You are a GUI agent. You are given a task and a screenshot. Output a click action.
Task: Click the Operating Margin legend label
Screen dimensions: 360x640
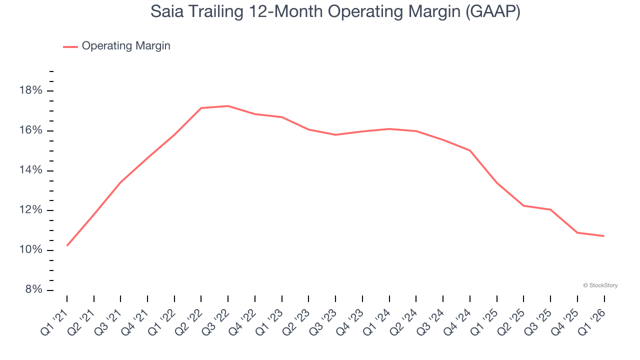click(126, 46)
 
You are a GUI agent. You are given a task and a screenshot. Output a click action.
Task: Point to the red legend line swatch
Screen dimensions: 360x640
click(70, 46)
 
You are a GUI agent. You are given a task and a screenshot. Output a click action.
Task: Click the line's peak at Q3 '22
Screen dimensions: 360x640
click(228, 106)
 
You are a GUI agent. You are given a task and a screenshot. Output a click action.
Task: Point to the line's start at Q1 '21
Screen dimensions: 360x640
click(67, 245)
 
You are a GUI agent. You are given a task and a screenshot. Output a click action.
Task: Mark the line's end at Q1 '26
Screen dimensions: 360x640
click(604, 236)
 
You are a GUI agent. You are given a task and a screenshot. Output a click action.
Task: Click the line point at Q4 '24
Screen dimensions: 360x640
click(470, 150)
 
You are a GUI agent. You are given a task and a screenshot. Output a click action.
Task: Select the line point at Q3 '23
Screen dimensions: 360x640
click(335, 134)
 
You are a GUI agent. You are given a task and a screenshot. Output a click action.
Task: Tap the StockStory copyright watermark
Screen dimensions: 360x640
click(600, 285)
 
